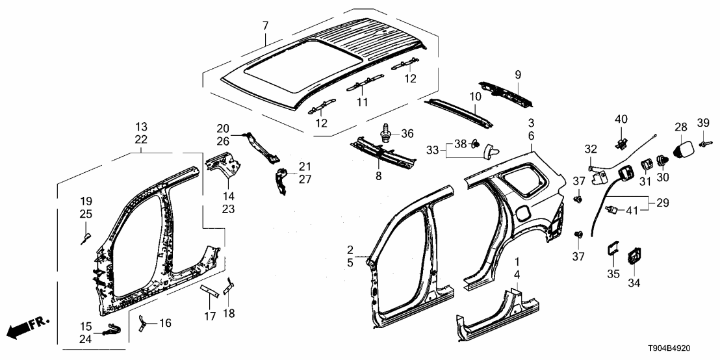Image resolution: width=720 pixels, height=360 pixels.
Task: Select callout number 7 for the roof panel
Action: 265,26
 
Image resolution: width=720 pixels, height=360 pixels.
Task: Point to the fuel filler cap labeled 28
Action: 684,149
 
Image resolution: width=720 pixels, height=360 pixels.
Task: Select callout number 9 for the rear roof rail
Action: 518,75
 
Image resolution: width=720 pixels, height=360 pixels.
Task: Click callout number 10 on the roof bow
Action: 475,96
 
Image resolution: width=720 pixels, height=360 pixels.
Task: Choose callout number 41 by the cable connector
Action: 632,210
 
